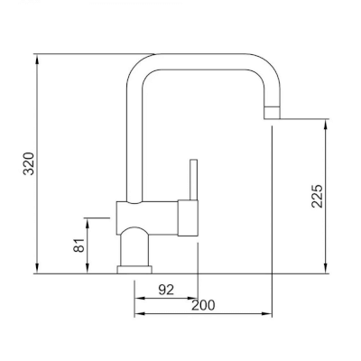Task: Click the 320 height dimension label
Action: pyautogui.click(x=29, y=163)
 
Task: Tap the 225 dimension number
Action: pyautogui.click(x=317, y=196)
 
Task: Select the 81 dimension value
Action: pyautogui.click(x=79, y=245)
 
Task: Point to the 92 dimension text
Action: pyautogui.click(x=166, y=290)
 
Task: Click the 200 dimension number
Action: pyautogui.click(x=203, y=305)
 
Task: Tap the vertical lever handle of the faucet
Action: pyautogui.click(x=193, y=180)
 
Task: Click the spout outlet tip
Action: pyautogui.click(x=272, y=113)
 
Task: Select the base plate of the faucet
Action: pyautogui.click(x=134, y=270)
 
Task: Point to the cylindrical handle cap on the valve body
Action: pyautogui.click(x=188, y=218)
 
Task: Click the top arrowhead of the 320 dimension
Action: pyautogui.click(x=37, y=59)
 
